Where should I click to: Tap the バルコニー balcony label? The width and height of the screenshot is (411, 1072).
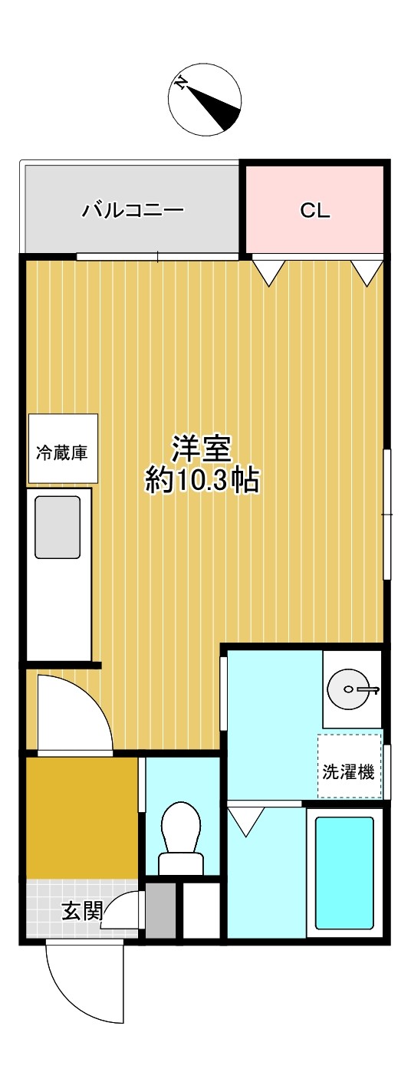[133, 209]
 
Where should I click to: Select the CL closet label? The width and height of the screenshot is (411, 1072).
[314, 210]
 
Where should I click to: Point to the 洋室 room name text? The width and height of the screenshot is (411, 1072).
[202, 447]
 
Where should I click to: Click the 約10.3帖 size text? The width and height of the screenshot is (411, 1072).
[202, 480]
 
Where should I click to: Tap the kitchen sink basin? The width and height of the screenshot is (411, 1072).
[58, 527]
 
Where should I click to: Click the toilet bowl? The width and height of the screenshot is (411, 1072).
[181, 832]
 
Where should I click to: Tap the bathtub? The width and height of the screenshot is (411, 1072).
[344, 872]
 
